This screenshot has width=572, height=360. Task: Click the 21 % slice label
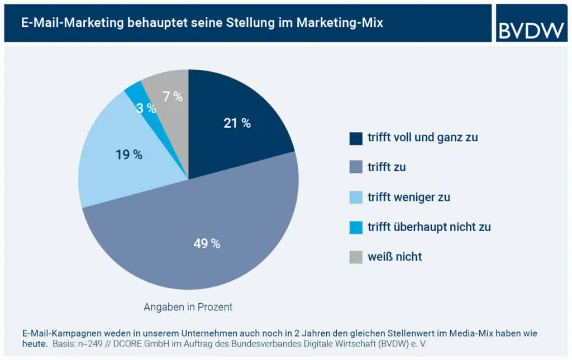pos(237,123)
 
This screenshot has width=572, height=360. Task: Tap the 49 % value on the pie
pos(207,243)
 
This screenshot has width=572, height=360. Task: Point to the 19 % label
pos(129,155)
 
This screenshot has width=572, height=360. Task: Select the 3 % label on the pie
pos(146,108)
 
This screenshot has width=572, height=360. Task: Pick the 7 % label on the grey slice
pos(172,97)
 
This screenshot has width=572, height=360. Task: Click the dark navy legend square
pos(355,137)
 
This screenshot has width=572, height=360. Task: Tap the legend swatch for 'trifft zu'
pos(355,167)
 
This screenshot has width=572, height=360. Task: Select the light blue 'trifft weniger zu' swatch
pos(355,197)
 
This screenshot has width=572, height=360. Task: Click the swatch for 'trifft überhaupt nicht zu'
pos(355,227)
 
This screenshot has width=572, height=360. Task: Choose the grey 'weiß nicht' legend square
pos(355,257)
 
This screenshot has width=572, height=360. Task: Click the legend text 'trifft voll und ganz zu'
pos(422,137)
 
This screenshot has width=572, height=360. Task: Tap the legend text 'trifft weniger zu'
pos(408,197)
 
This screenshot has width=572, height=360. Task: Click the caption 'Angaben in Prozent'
pos(188,307)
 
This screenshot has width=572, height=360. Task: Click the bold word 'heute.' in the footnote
pos(35,344)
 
